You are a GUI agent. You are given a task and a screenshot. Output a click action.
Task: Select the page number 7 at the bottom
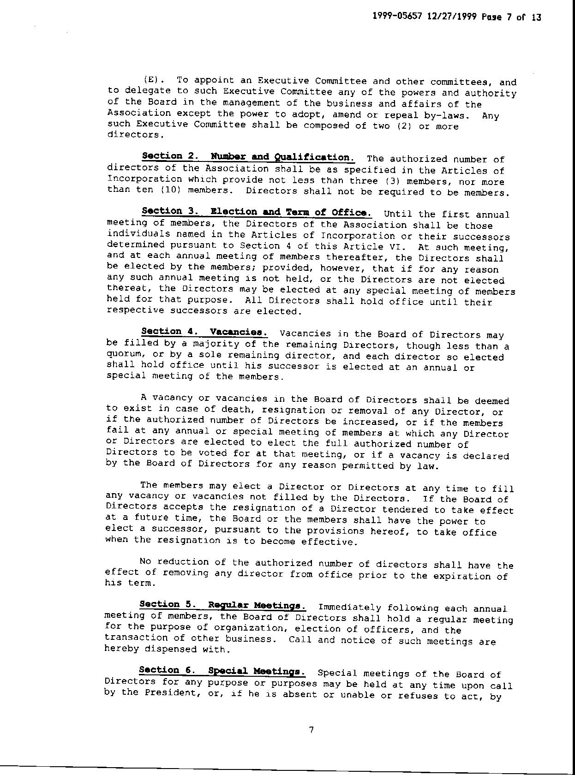[x=311, y=730]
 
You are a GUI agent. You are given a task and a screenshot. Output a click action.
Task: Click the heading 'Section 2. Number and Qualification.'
[x=248, y=157]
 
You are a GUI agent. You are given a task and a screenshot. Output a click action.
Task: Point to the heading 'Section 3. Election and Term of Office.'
[x=257, y=212]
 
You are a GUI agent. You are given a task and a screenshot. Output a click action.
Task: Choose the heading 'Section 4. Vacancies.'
[x=204, y=332]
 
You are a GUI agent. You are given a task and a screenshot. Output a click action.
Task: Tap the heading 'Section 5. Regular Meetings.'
[x=222, y=605]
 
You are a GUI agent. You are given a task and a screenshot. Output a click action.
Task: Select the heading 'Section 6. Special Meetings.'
[x=222, y=671]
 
